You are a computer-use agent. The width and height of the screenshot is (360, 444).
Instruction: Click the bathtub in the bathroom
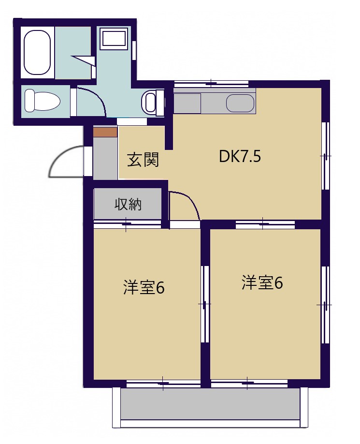(37, 52)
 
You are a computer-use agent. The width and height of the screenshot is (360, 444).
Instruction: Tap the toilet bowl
(42, 101)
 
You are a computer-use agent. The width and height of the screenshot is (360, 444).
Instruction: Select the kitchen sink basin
(240, 103)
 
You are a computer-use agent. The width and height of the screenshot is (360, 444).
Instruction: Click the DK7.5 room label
(240, 157)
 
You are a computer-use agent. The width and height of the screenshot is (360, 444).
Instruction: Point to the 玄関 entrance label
(143, 160)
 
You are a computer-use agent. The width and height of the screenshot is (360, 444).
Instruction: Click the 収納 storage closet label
(128, 204)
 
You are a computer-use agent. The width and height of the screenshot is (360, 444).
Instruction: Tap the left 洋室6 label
(144, 288)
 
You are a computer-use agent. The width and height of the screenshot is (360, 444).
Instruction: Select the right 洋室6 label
(262, 283)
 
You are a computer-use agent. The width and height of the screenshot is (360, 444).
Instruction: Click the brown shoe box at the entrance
(105, 132)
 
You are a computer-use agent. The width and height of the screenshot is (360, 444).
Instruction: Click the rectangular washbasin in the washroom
(114, 39)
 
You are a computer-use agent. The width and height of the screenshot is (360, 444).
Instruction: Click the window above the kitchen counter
(211, 84)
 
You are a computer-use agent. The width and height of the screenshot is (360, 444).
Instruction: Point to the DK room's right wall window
(326, 155)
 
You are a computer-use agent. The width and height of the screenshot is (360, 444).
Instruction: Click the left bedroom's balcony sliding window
(163, 384)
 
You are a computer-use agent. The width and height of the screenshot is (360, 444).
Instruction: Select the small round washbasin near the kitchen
(150, 102)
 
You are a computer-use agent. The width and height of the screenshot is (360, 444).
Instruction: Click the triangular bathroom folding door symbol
(84, 60)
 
